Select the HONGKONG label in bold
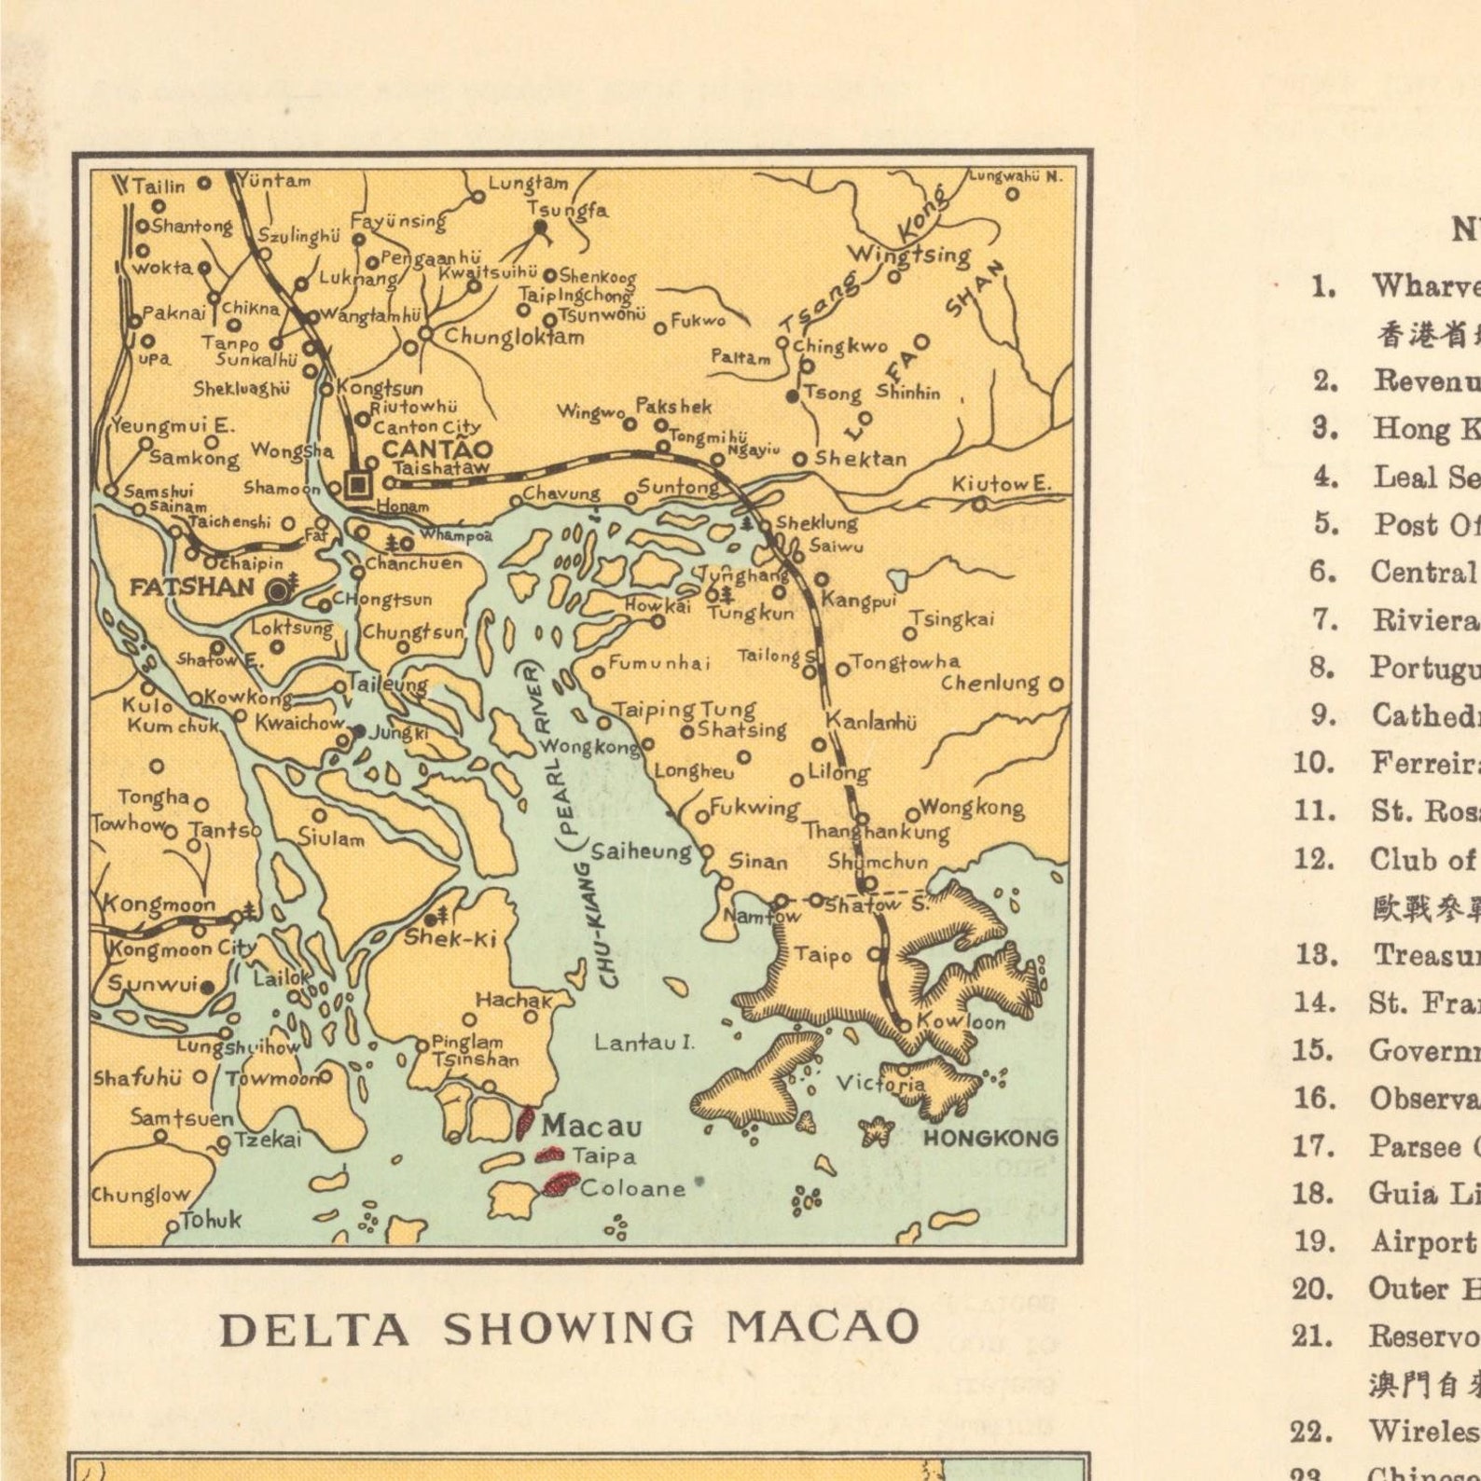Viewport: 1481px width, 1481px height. pyautogui.click(x=990, y=1138)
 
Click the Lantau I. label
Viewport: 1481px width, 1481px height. pyautogui.click(x=644, y=1042)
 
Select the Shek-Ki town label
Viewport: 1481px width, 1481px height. pyautogui.click(x=450, y=938)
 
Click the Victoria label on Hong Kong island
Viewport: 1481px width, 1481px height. pyautogui.click(x=879, y=1083)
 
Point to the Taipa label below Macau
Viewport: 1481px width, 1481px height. pyautogui.click(x=603, y=1156)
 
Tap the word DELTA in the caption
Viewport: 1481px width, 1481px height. pyautogui.click(x=314, y=1330)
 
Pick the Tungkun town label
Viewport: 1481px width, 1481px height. pyautogui.click(x=750, y=613)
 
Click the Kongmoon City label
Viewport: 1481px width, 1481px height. pyautogui.click(x=182, y=949)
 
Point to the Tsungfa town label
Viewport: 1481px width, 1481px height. pyautogui.click(x=567, y=210)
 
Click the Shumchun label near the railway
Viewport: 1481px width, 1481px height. pyautogui.click(x=878, y=861)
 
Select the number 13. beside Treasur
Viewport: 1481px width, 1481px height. pyautogui.click(x=1315, y=954)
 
